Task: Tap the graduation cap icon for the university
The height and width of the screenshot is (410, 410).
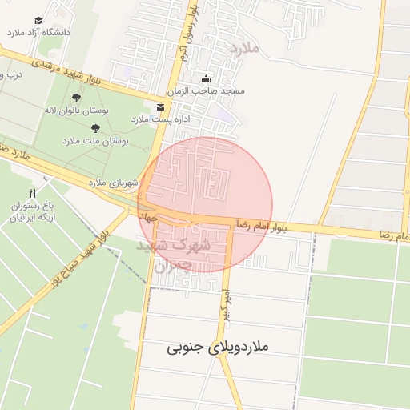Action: pyautogui.click(x=39, y=21)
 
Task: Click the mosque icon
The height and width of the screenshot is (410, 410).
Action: pyautogui.click(x=207, y=79)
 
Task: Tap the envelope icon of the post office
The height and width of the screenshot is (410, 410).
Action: pyautogui.click(x=161, y=107)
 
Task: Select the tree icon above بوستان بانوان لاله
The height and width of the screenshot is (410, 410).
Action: pyautogui.click(x=77, y=98)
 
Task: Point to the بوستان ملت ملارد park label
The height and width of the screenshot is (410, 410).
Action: pyautogui.click(x=95, y=140)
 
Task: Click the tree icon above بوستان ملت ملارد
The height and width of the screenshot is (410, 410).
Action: pyautogui.click(x=95, y=128)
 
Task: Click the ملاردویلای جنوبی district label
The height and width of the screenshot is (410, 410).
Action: pyautogui.click(x=221, y=348)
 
